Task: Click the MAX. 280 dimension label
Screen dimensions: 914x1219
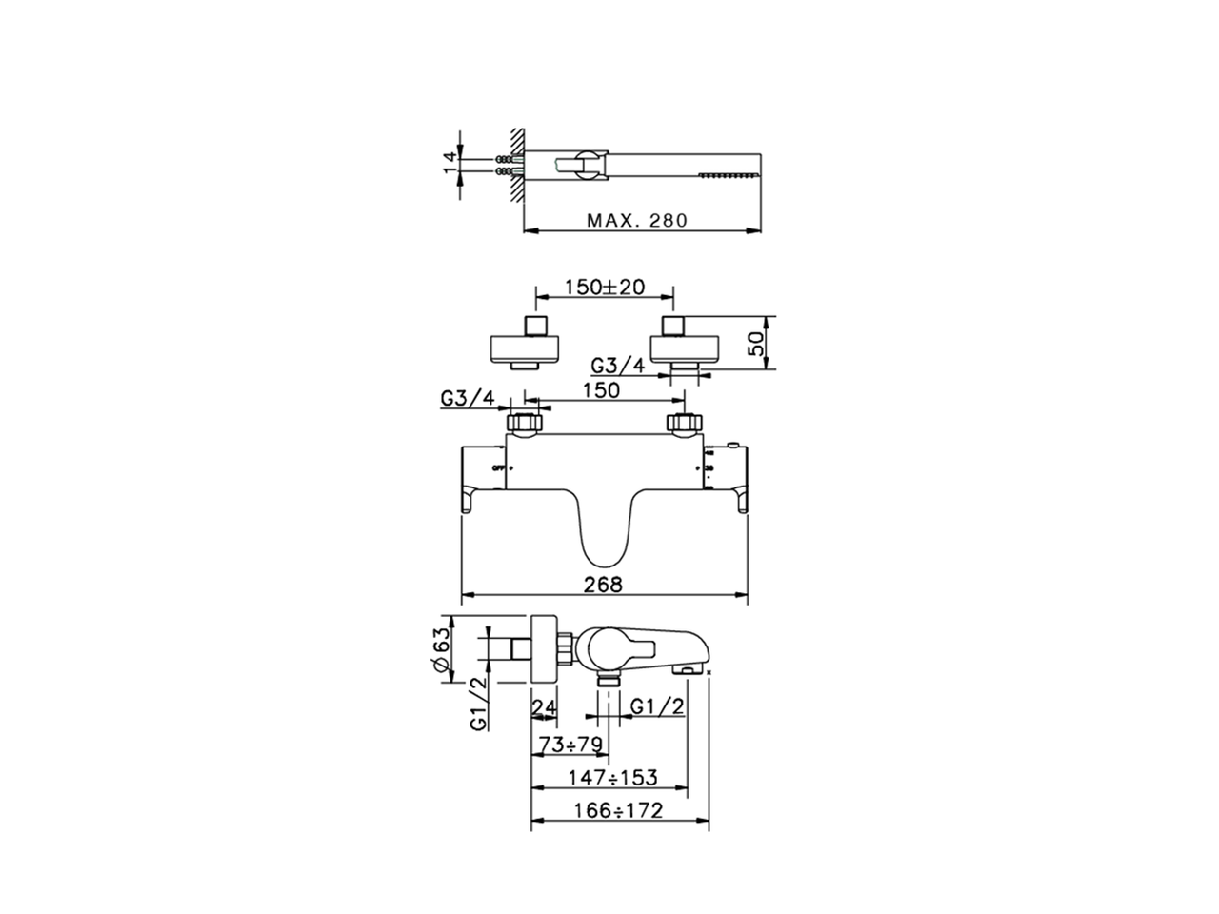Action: [636, 220]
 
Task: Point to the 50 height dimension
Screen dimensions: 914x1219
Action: [757, 343]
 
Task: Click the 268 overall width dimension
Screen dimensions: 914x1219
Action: [605, 586]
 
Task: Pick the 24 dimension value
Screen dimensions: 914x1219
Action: [544, 706]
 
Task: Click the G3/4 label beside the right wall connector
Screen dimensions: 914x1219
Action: [618, 366]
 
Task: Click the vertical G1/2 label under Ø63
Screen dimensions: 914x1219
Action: [478, 705]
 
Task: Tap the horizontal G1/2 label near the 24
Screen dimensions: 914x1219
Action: [658, 706]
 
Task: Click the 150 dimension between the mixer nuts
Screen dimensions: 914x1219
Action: [601, 390]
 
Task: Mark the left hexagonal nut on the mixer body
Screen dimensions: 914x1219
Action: [526, 423]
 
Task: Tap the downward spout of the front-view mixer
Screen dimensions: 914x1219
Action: [604, 528]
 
